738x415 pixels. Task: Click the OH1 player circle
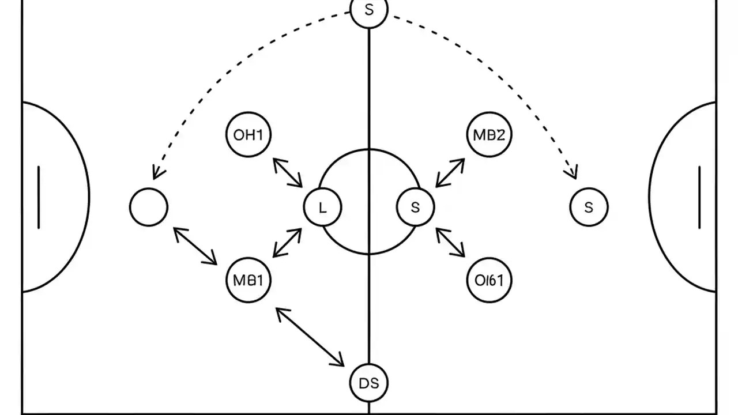coord(248,135)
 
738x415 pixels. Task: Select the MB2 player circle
coord(488,135)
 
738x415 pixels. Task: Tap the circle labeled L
coord(322,207)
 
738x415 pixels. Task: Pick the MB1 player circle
coord(248,281)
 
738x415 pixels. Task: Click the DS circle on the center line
coord(368,383)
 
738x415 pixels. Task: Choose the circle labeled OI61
coord(488,281)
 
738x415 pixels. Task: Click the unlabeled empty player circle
coord(149,207)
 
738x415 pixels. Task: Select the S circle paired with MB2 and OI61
coord(416,207)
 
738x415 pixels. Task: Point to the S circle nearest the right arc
coord(589,207)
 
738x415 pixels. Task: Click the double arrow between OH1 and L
coord(288,172)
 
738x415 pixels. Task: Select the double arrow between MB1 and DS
coord(310,337)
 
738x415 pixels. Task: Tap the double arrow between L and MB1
coord(287,243)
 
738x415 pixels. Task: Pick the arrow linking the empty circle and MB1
coord(195,246)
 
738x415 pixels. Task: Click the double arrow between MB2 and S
coord(450,173)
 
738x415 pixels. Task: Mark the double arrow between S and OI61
coord(450,242)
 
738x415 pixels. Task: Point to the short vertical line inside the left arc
coord(39,197)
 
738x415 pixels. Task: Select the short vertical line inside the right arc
coord(699,197)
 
